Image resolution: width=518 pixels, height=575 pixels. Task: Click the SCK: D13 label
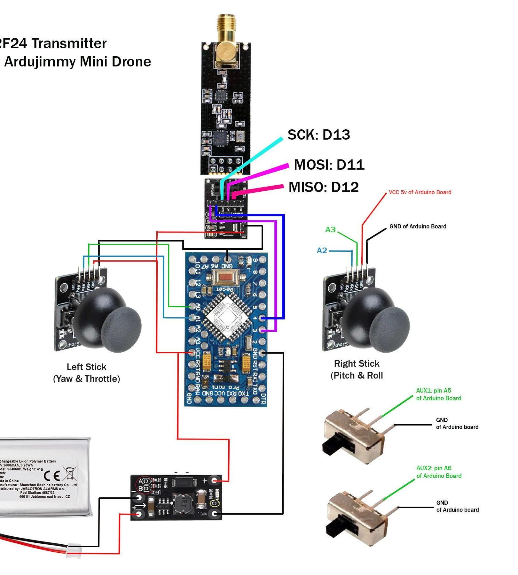coord(318,135)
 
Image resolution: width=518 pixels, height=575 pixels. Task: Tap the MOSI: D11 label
coord(329,165)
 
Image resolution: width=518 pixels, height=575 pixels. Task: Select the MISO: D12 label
coord(324,187)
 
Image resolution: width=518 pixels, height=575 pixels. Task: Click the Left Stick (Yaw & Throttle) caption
coord(86,373)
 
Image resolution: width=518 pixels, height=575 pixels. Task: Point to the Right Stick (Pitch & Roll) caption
coord(357,369)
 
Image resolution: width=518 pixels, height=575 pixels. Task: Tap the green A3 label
coord(330,230)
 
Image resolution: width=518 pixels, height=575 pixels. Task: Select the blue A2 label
coord(322,250)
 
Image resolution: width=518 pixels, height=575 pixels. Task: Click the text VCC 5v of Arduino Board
coord(420,192)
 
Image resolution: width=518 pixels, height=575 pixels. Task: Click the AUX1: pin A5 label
coord(438,394)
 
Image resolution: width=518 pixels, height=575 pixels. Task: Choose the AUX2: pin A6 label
coord(438,472)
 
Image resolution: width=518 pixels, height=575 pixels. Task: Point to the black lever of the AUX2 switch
coord(334,528)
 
